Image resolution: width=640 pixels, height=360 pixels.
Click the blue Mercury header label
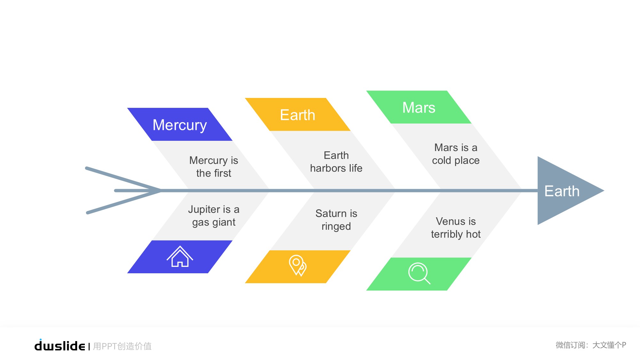[180, 125]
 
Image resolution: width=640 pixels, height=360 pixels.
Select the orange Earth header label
[298, 115]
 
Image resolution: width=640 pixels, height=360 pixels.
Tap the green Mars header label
[419, 108]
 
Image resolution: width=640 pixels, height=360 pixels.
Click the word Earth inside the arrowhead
[562, 191]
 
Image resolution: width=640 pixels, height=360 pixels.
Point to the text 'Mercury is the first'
[214, 167]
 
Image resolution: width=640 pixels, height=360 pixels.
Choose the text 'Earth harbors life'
[336, 162]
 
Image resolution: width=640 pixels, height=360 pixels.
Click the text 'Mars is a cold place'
[456, 154]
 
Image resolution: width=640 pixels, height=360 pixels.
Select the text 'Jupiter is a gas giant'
[214, 216]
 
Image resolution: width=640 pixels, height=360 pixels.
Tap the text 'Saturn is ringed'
[336, 220]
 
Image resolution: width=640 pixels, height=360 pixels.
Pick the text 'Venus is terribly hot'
[456, 228]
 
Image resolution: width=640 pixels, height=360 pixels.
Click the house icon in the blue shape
[180, 256]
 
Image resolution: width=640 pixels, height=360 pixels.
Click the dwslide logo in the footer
[60, 345]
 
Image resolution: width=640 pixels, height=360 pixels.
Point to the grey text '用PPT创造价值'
[122, 346]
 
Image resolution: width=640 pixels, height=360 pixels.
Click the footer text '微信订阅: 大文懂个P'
[591, 345]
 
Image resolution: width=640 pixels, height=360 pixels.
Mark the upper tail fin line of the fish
[123, 179]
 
